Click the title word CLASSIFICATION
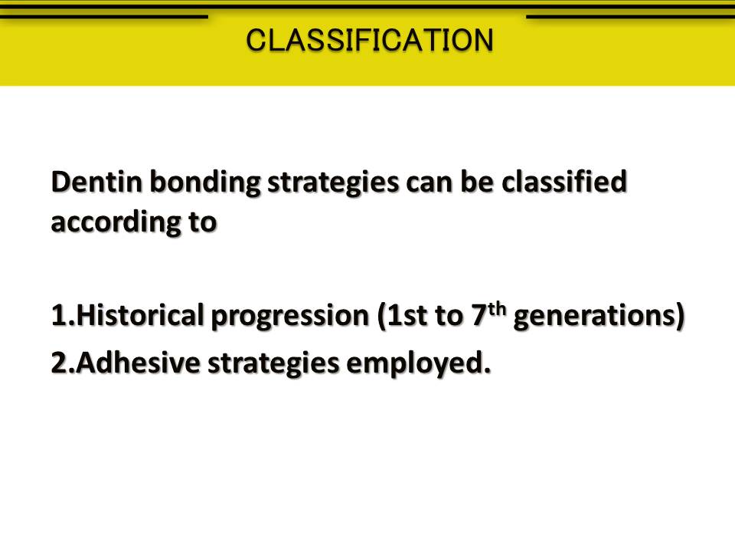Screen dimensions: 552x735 click(370, 40)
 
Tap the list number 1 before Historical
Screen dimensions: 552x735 click(57, 316)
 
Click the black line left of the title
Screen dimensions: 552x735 click(103, 16)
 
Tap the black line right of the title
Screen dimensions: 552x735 click(630, 16)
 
